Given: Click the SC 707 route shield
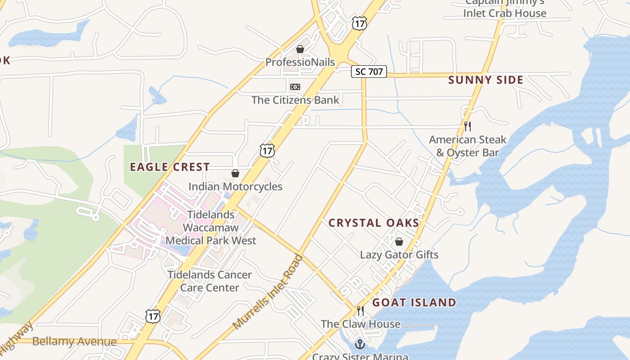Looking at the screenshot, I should (369, 72).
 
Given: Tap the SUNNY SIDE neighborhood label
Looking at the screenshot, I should (486, 80).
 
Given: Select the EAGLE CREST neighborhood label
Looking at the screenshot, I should (170, 167).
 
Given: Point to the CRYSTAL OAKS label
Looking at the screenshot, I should (373, 223).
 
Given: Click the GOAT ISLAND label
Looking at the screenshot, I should (414, 302).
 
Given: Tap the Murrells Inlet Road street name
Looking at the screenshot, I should (268, 292).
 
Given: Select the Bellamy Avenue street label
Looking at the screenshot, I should (74, 342).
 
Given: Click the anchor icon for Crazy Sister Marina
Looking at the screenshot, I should (360, 344).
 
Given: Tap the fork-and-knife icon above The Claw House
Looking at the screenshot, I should (360, 310).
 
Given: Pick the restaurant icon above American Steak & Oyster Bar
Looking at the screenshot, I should (468, 126).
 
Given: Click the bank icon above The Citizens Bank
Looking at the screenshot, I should (295, 86).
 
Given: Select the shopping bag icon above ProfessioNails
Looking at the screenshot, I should (300, 49).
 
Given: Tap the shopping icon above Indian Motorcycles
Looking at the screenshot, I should (235, 173).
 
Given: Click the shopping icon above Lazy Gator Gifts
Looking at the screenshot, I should (399, 242).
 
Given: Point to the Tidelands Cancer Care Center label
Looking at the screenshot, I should (209, 281).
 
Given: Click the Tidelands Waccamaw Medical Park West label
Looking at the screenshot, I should (211, 228).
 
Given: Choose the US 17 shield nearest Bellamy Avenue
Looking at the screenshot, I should (153, 316).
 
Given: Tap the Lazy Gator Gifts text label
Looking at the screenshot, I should (399, 255).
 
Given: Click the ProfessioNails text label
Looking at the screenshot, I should (300, 62).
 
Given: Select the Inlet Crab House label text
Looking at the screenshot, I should (504, 13).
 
